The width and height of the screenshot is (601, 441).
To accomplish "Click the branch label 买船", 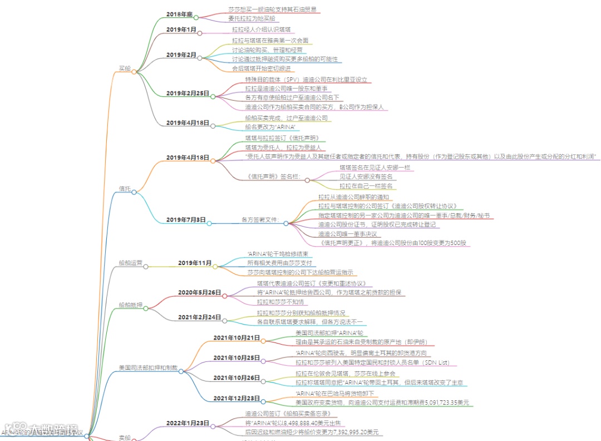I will click(124, 69).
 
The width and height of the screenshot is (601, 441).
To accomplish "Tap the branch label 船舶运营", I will click(130, 263).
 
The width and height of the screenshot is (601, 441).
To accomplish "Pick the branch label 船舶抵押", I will click(130, 305).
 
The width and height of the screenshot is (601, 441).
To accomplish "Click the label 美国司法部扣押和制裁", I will click(147, 368).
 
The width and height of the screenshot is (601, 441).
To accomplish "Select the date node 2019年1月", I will click(181, 30).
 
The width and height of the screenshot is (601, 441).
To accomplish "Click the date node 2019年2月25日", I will click(188, 93).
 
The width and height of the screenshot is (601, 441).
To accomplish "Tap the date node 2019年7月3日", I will click(185, 220).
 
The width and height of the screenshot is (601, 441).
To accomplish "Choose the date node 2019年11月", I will click(195, 263).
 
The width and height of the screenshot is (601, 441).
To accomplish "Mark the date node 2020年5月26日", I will click(199, 292).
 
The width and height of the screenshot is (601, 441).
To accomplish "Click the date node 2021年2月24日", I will click(199, 317).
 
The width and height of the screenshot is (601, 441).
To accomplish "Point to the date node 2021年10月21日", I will click(237, 338).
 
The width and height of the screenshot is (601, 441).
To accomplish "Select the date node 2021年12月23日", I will click(237, 398).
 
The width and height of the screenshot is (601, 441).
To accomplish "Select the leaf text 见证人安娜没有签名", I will click(367, 177).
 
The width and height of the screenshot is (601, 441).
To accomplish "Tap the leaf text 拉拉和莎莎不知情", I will click(280, 302).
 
